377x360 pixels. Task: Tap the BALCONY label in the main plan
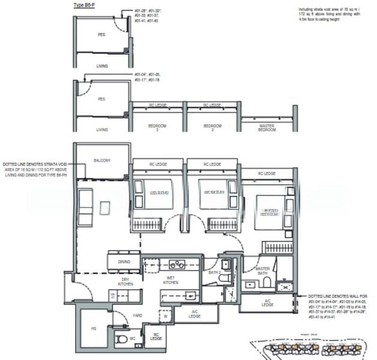coord(101,160)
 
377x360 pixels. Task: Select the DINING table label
coord(124,262)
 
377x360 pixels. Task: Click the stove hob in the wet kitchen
coord(177,264)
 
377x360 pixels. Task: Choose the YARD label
coord(137,314)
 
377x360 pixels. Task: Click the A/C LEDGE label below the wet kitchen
coord(195,313)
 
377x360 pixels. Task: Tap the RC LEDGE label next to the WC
coord(155,337)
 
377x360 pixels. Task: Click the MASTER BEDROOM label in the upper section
coord(267,128)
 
